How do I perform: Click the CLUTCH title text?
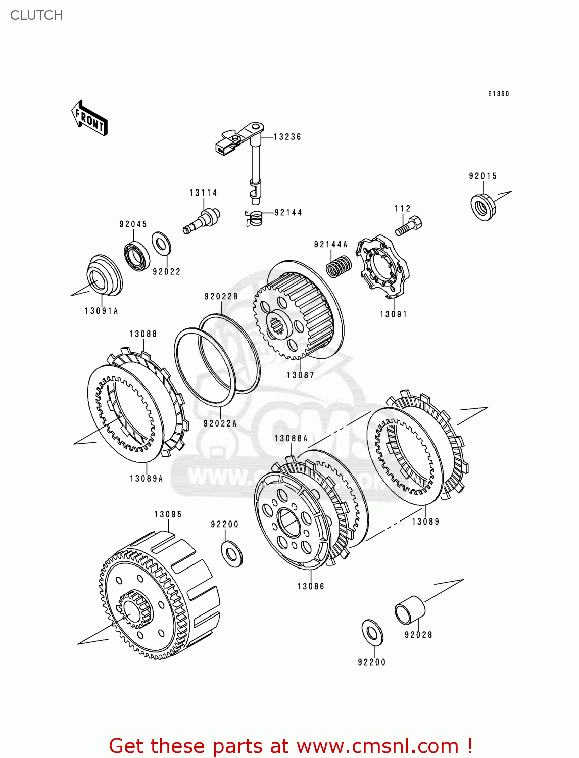(36, 15)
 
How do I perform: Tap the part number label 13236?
(287, 137)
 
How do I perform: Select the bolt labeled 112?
(409, 226)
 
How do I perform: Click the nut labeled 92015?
(482, 206)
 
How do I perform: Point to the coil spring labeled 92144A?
(339, 266)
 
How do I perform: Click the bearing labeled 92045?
(136, 256)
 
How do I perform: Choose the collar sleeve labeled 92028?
(409, 610)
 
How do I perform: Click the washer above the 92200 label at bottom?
(373, 632)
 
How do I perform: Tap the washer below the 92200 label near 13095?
(232, 553)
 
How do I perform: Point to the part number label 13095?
(168, 514)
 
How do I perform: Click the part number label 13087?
(301, 375)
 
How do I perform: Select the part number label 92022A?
(220, 423)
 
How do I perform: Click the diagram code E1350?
(498, 94)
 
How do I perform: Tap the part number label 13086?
(311, 586)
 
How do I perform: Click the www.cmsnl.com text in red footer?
(377, 746)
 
